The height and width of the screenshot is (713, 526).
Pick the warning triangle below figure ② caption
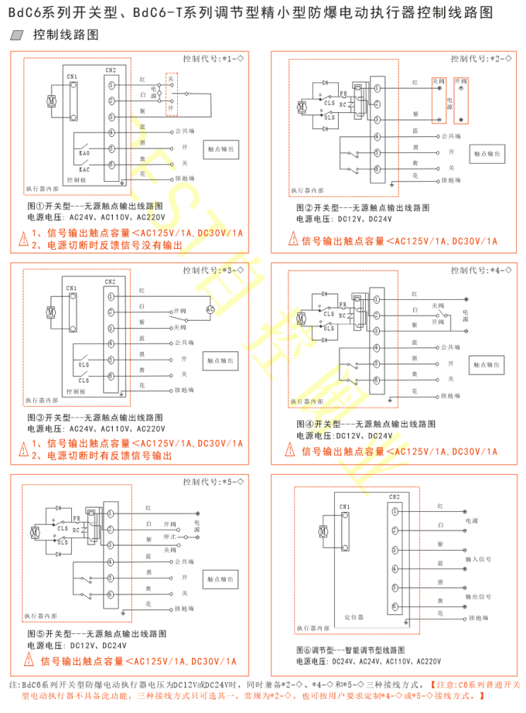point(293,241)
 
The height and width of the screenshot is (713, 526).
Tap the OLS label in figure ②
point(330,117)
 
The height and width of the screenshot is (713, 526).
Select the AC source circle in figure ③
point(209,309)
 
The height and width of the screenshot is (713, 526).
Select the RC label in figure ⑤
point(75,530)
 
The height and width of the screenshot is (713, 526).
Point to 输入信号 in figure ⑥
point(477,558)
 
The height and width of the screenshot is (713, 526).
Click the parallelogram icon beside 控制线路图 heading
point(19,36)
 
